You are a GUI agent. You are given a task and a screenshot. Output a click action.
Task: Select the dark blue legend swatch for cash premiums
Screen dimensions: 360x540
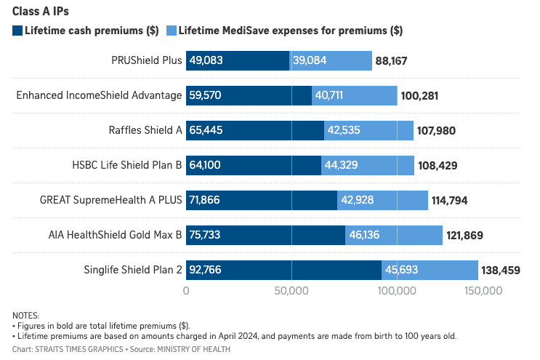click(17, 31)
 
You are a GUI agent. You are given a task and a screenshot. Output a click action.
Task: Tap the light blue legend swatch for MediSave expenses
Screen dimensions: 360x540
click(172, 31)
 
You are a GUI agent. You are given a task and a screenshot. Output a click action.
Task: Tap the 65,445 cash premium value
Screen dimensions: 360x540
click(206, 131)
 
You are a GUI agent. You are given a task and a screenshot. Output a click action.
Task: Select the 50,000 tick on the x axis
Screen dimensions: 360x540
click(291, 291)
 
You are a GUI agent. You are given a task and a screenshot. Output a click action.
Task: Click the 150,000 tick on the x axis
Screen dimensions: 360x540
click(483, 291)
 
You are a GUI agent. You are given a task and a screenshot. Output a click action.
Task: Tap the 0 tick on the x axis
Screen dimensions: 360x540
click(187, 291)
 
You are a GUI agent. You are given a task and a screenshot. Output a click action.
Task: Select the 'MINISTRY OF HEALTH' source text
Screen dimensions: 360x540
click(198, 350)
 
